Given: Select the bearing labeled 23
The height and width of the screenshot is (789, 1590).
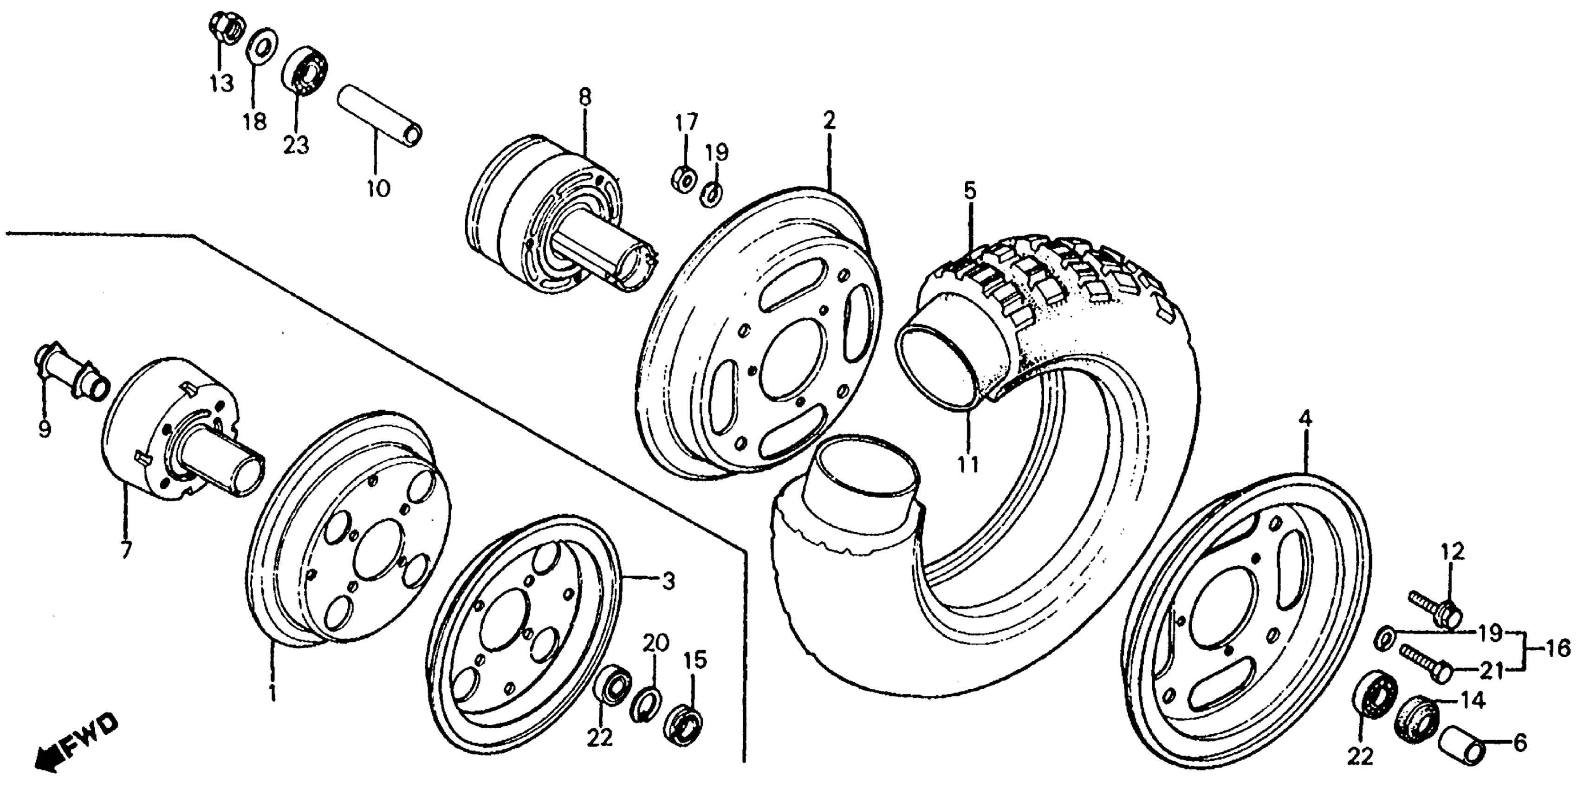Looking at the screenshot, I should (x=305, y=70).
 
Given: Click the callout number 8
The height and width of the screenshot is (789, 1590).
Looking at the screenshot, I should (x=584, y=97).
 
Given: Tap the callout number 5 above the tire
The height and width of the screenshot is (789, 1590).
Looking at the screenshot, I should (x=970, y=191).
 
